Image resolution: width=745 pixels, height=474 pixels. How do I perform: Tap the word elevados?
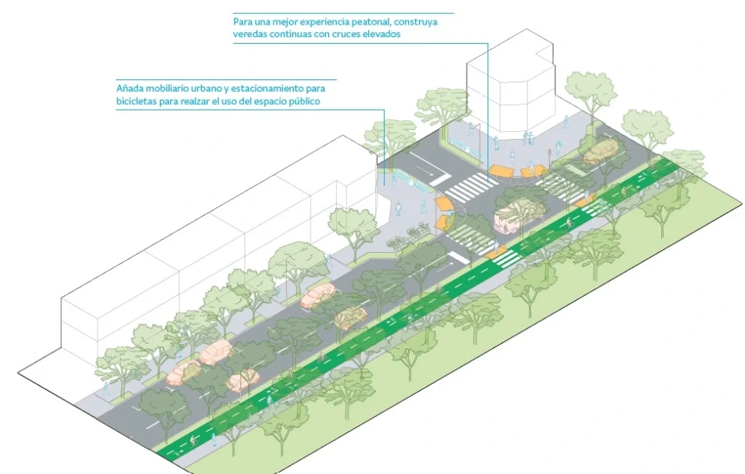pos(380,34)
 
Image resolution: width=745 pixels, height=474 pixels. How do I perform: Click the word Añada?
pos(130,88)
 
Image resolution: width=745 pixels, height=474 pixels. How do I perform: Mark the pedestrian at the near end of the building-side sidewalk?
pos(105,388)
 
